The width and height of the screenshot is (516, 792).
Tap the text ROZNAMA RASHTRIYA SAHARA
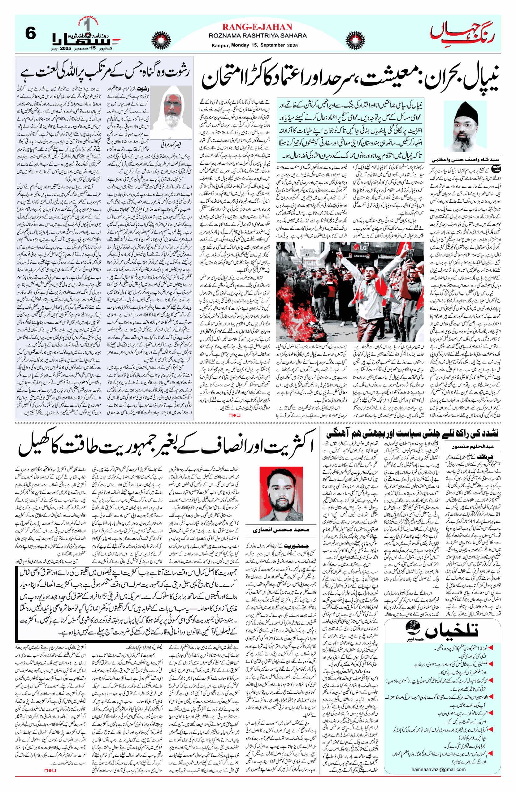(257, 36)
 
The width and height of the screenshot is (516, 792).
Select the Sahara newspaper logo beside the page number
(86, 36)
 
